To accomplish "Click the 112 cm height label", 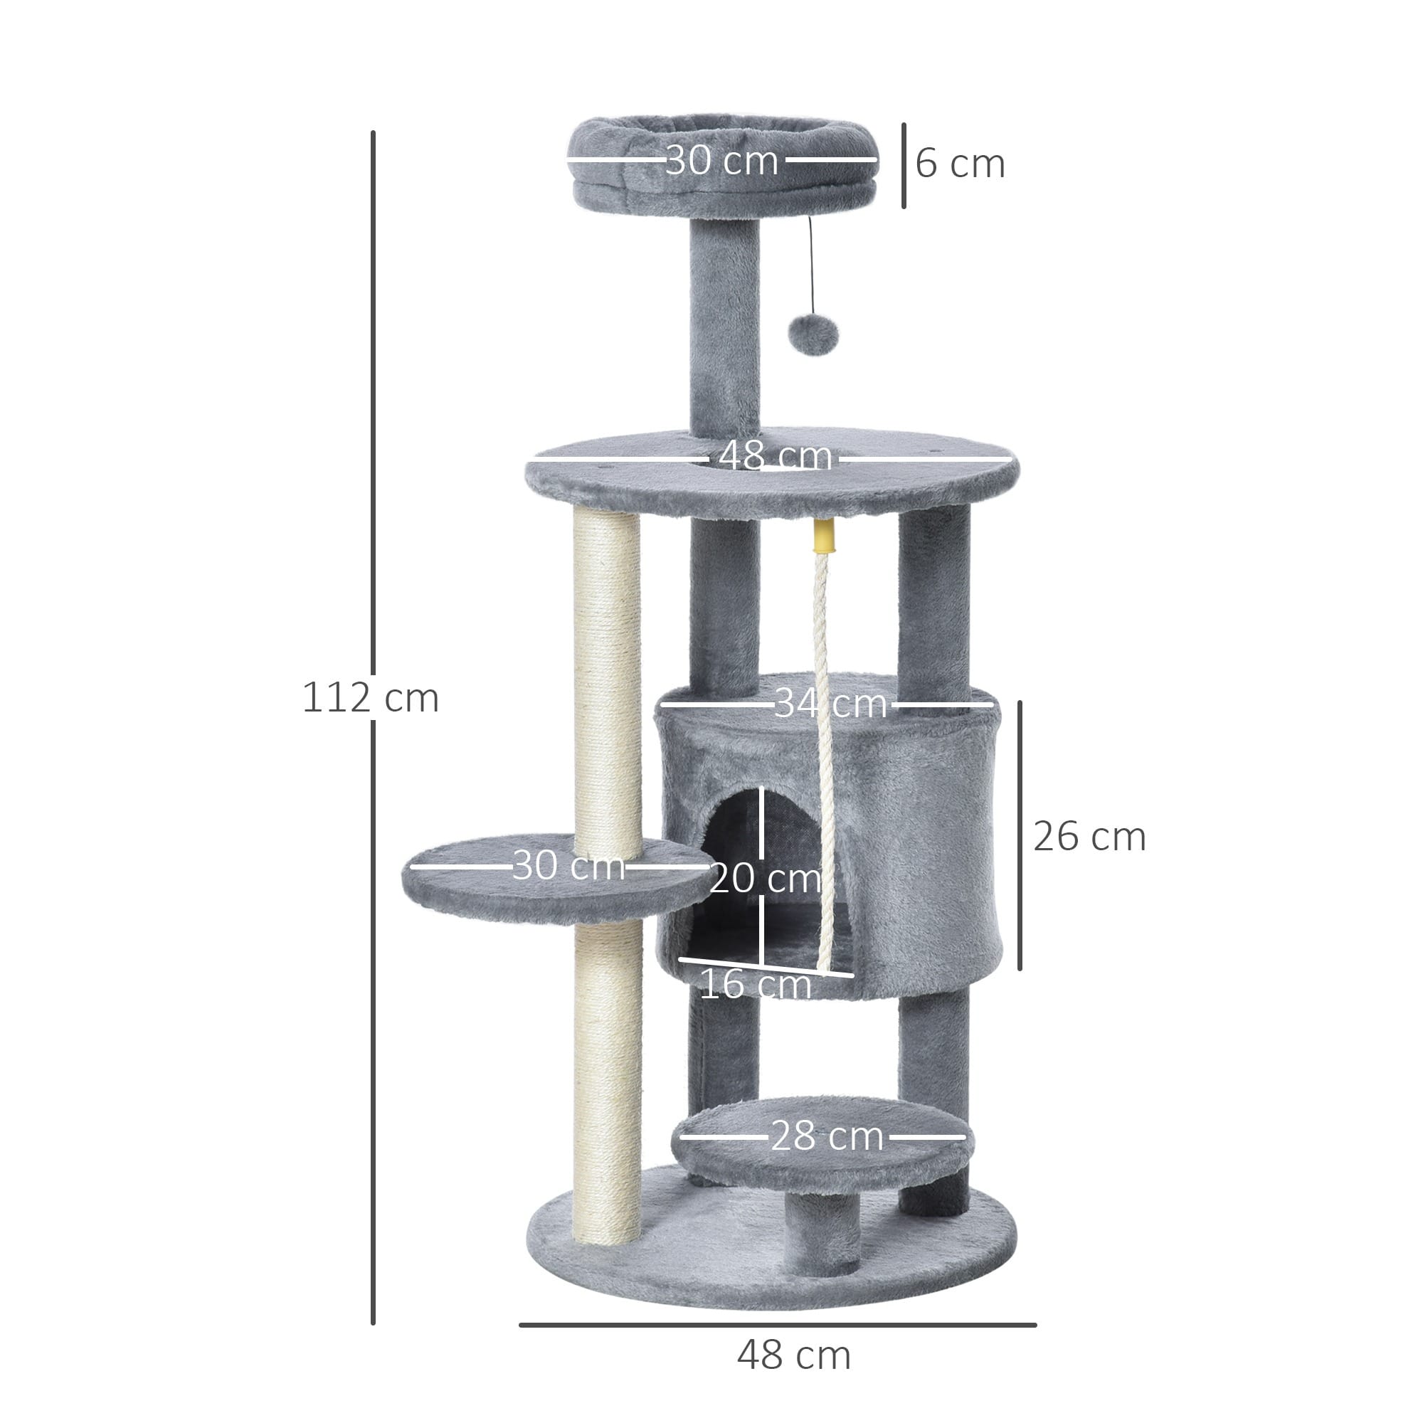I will [371, 697].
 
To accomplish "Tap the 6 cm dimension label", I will [960, 164].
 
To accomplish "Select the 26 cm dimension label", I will [1089, 837].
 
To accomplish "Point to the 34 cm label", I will [830, 704].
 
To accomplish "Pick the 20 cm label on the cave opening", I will [765, 878].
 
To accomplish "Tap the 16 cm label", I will [754, 984].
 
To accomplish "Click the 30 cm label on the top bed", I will [721, 160].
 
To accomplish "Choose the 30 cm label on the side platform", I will [568, 864].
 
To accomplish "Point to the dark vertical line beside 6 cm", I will [904, 166].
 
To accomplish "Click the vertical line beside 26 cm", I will [1020, 835].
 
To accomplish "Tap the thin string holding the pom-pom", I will [811, 265].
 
